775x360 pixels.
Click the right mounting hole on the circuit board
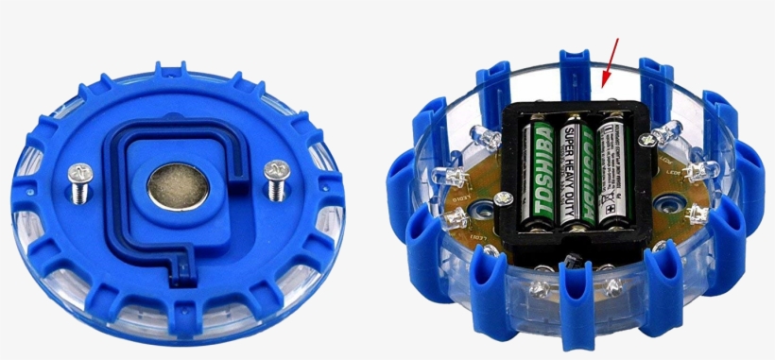point(672,201)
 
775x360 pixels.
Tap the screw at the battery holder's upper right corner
point(647,140)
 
